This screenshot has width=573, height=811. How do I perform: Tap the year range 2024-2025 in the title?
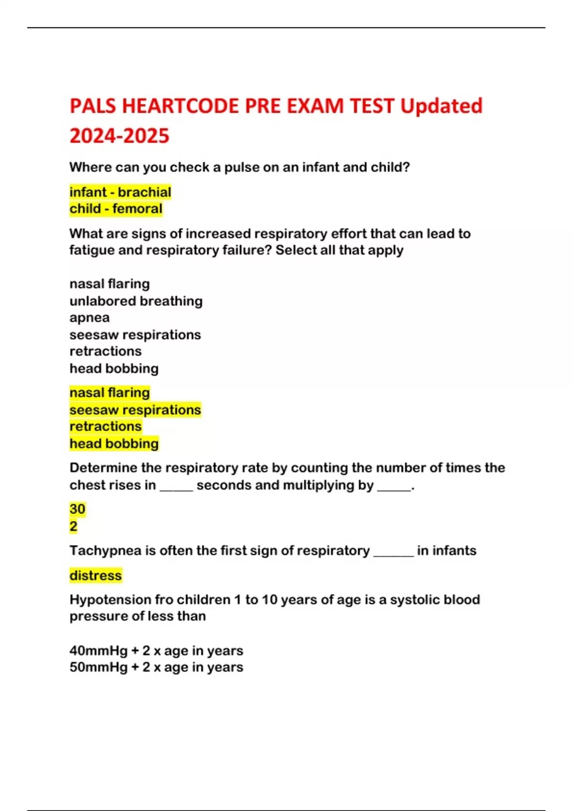[x=119, y=136]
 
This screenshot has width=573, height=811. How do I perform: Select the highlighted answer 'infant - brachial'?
[x=120, y=192]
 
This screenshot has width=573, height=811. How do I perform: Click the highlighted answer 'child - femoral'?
[x=116, y=209]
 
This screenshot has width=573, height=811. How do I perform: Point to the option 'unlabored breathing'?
[x=136, y=301]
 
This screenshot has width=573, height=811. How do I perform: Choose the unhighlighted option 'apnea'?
[x=89, y=318]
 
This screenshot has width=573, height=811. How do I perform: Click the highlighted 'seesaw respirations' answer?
[x=135, y=410]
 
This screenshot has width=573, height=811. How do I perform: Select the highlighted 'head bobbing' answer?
[x=114, y=444]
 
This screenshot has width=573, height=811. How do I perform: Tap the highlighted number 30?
[x=77, y=509]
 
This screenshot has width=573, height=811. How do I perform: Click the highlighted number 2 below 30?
[x=73, y=526]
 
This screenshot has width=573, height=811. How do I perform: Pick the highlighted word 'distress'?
[x=95, y=575]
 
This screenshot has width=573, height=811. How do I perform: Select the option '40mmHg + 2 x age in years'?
[x=156, y=651]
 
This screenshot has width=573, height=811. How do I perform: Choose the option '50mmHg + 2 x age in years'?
[x=156, y=667]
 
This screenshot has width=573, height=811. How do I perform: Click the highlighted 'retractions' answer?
[x=106, y=426]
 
